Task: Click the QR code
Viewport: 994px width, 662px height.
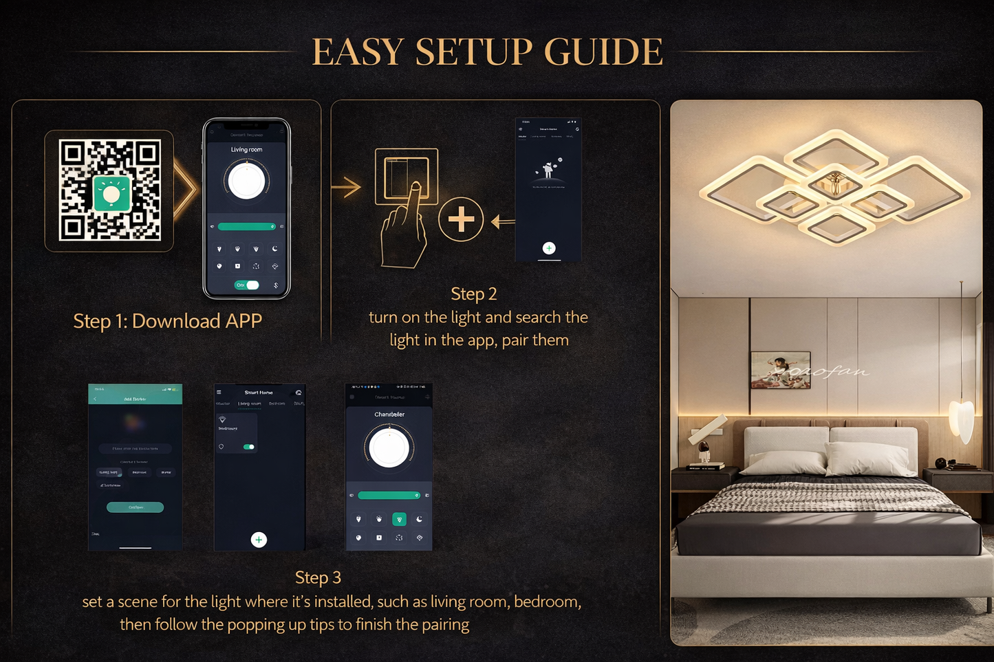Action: tap(109, 190)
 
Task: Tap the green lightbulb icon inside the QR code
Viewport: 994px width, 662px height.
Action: tap(111, 193)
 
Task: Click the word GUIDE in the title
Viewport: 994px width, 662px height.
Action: tap(603, 52)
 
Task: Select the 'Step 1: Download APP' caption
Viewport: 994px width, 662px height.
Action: tap(167, 321)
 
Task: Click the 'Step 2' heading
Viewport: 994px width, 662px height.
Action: tap(473, 294)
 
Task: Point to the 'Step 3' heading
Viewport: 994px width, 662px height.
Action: tap(318, 577)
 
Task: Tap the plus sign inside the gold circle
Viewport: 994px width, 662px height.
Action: tap(461, 220)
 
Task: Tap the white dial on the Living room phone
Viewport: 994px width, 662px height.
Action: tap(246, 181)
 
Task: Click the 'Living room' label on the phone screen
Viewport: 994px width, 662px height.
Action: tap(246, 149)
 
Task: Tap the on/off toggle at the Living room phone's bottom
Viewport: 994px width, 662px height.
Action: tap(247, 285)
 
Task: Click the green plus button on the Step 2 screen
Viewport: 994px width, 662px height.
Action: tap(549, 248)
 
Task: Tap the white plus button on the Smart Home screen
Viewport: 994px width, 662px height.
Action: tap(259, 540)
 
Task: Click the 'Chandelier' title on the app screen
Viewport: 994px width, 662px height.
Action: tap(389, 415)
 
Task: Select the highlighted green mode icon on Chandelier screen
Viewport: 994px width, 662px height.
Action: tap(399, 520)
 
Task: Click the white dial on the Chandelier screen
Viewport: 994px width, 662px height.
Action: tap(389, 448)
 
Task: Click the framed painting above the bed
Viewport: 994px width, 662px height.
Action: tap(780, 370)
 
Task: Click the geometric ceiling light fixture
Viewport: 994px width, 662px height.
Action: tap(834, 188)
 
